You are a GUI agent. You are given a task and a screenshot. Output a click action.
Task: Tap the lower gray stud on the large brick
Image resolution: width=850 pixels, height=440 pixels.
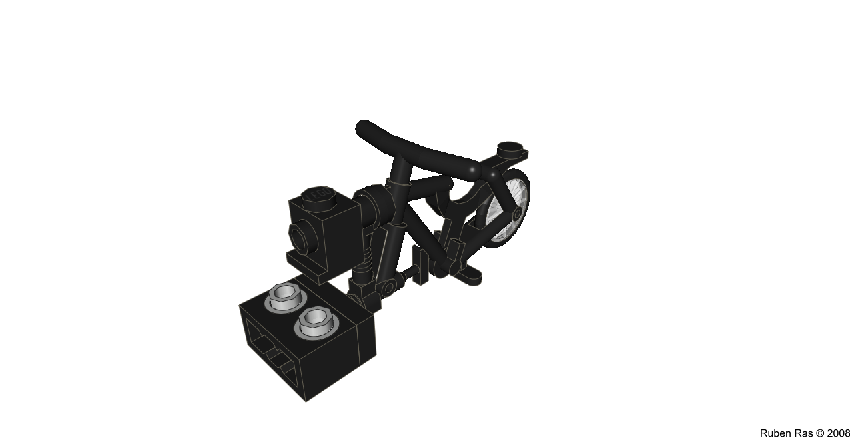point(317,323)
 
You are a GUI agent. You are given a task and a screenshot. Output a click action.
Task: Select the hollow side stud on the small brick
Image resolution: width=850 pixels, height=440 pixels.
point(302,237)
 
